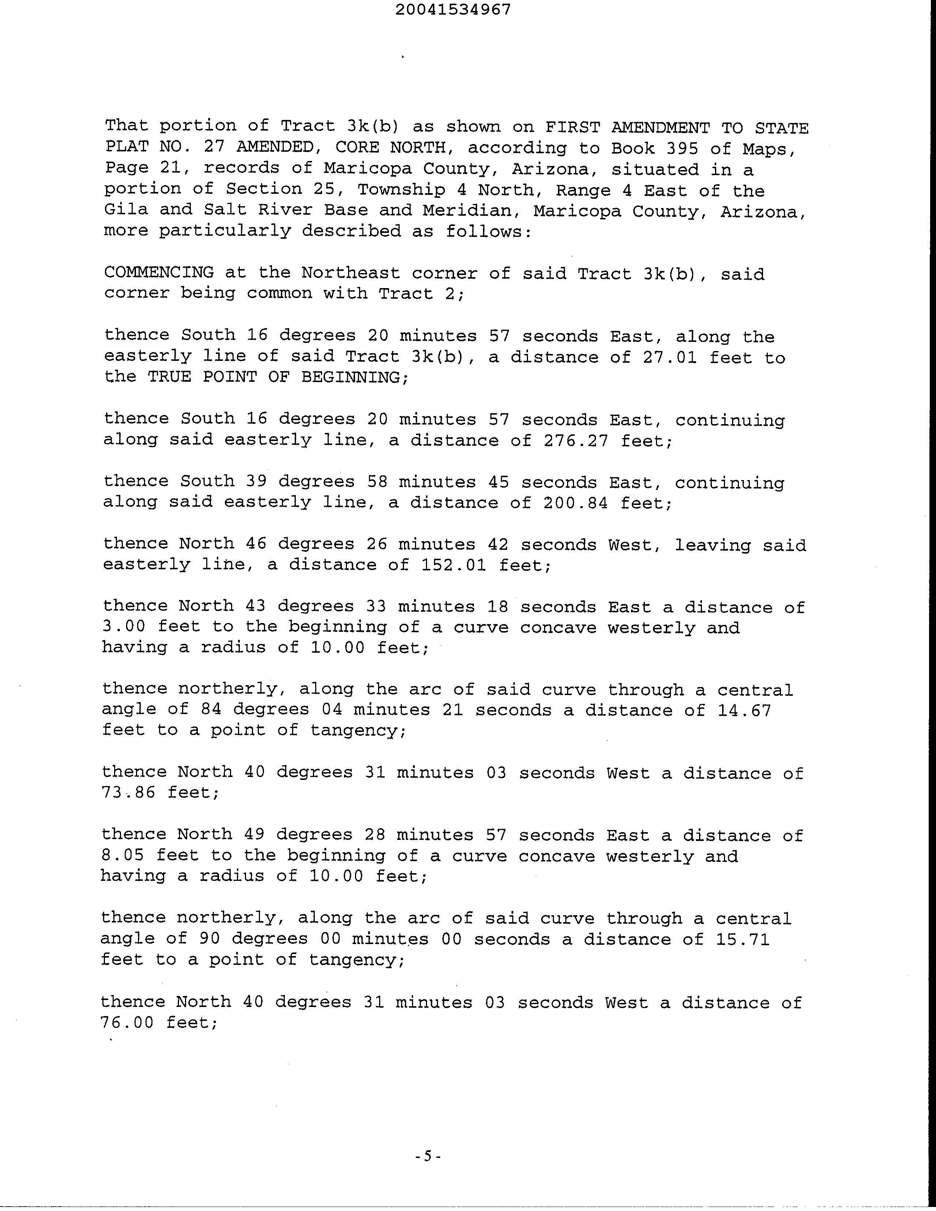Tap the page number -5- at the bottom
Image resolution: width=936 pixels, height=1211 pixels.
point(427,1156)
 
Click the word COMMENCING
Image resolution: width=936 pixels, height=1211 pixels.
point(159,272)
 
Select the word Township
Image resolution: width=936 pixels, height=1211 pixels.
point(401,190)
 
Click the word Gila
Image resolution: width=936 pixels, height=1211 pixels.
point(126,210)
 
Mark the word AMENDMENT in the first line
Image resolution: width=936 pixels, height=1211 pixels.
point(660,128)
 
